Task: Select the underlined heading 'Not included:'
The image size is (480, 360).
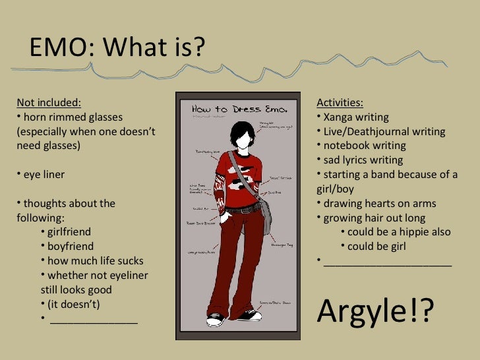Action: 49,102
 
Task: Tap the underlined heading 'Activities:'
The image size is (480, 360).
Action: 340,102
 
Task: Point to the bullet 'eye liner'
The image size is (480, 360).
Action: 44,175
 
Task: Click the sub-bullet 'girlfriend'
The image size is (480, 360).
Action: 69,232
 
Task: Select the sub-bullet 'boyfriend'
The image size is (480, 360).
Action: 70,247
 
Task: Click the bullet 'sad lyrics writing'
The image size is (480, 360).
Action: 363,160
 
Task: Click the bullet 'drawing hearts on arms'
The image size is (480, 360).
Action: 379,203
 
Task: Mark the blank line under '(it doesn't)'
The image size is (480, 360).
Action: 94,321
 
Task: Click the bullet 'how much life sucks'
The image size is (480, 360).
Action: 95,261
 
